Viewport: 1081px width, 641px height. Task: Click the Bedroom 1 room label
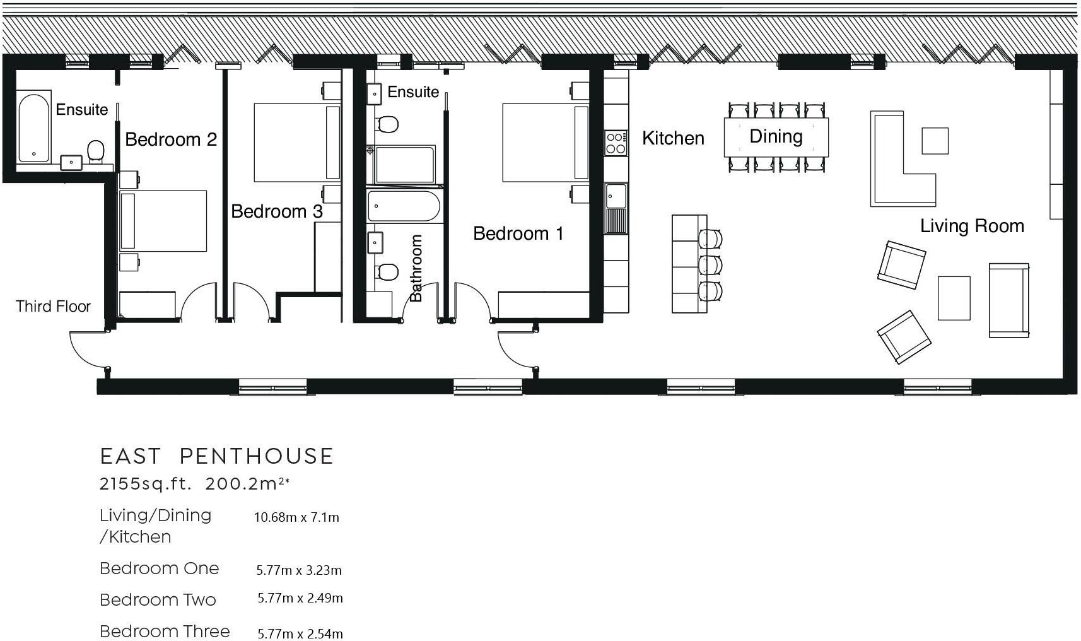pos(518,233)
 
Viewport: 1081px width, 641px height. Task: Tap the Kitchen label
pos(673,139)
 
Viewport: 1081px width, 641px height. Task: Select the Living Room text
pos(972,226)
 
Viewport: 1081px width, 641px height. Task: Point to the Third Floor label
pos(53,306)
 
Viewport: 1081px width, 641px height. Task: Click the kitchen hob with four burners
pos(616,143)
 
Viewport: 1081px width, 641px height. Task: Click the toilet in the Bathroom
pos(387,272)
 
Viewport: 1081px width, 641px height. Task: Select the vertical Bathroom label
pos(416,268)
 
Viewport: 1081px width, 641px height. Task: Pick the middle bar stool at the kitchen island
pos(710,265)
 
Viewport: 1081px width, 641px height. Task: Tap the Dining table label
pos(776,137)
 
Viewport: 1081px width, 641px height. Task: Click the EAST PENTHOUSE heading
pos(217,456)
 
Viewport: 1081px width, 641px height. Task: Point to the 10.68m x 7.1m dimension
pos(296,517)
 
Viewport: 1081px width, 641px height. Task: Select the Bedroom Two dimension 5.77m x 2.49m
pos(300,598)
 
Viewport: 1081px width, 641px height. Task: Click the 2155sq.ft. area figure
pos(146,484)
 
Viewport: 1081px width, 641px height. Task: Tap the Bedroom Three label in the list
pos(165,632)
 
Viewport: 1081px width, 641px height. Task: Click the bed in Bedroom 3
pos(297,143)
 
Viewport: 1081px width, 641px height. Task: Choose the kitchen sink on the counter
pos(616,196)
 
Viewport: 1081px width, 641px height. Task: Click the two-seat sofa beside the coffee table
pos(1009,300)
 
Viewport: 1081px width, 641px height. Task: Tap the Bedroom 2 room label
pos(171,139)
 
